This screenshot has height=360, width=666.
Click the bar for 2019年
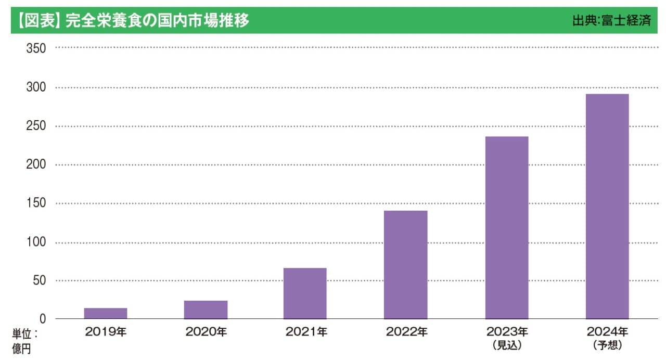pos(106,313)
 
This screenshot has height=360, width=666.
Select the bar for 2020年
pos(206,310)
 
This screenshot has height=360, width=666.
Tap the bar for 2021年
pos(305,293)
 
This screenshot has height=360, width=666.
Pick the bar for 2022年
pos(405,265)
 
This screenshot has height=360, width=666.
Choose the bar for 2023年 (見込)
pos(507,227)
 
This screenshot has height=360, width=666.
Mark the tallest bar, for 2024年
pos(607,207)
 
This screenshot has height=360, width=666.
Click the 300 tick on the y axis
pos(36,87)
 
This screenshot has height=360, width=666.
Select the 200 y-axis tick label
pos(36,165)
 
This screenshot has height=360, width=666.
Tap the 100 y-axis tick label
pos(36,242)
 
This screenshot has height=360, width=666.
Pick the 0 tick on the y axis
pos(43,319)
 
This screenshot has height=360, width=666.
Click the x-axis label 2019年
pos(106,332)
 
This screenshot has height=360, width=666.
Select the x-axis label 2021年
pos(306,332)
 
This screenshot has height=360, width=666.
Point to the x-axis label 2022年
pos(406,332)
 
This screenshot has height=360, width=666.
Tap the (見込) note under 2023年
pos(507,345)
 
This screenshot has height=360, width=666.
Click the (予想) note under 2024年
pos(607,345)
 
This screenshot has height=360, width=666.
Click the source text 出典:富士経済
pos(611,22)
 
